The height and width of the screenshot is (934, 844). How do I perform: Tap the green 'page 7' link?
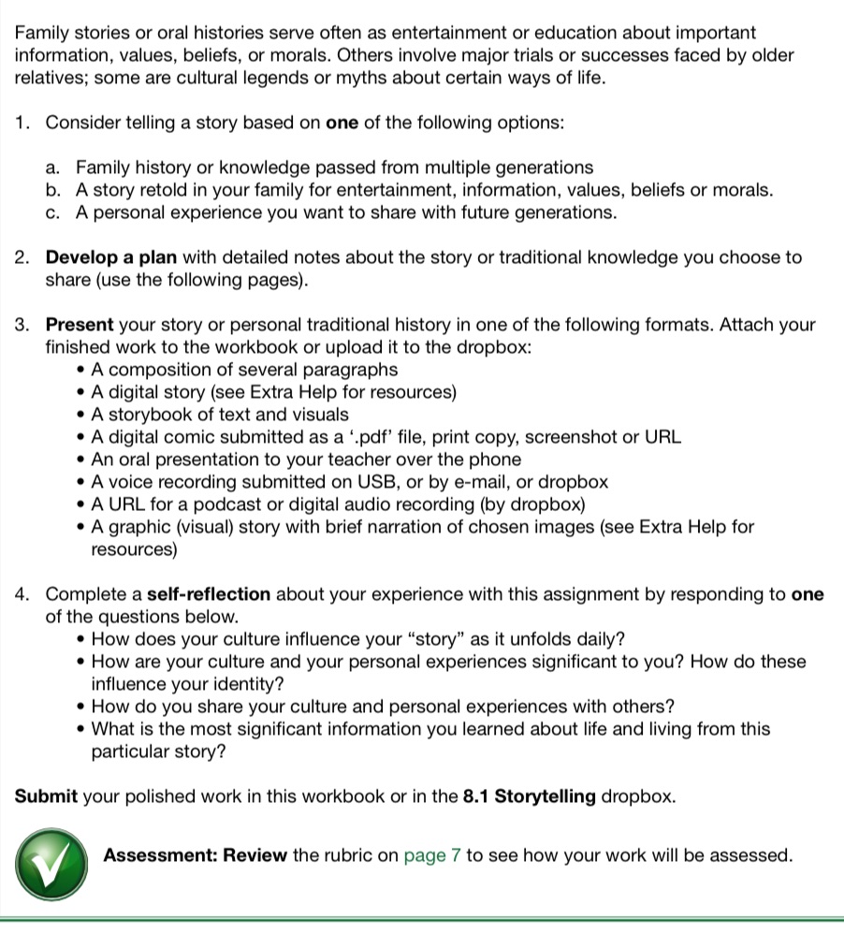pyautogui.click(x=431, y=855)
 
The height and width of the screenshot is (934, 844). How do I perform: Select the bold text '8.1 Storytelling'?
pyautogui.click(x=529, y=797)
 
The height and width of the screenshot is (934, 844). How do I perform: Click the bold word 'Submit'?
pyautogui.click(x=46, y=797)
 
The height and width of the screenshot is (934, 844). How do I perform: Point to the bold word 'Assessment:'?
pyautogui.click(x=160, y=855)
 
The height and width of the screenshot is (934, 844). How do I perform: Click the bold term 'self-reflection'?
pyautogui.click(x=209, y=594)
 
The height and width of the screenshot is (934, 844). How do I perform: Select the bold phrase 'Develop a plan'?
pyautogui.click(x=111, y=257)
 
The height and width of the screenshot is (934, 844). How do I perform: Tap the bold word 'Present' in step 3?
pyautogui.click(x=79, y=326)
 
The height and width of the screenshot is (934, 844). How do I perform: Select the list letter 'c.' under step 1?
pyautogui.click(x=53, y=212)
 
